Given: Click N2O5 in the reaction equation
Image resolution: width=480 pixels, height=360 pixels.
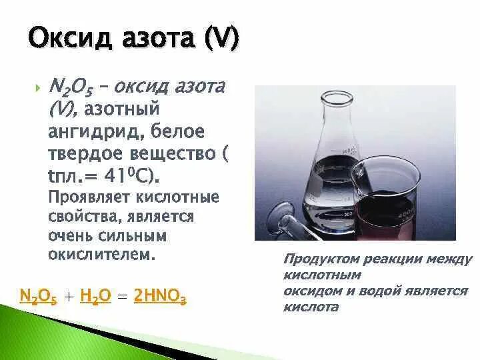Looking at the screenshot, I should [39, 297].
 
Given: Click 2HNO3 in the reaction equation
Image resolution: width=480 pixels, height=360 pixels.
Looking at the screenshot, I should [160, 297].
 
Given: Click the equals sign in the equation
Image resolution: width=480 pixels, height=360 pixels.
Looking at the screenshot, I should [121, 298].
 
